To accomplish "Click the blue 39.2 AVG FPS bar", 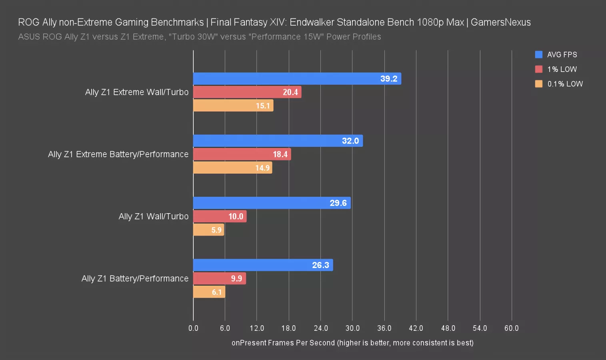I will [297, 79].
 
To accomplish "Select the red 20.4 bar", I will [247, 92].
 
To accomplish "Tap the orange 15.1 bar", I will [233, 106].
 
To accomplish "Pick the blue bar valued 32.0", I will [278, 141].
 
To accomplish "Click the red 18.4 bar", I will [242, 154].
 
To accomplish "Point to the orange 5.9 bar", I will [208, 230].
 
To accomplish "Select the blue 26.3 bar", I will [263, 265].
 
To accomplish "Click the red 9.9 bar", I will [219, 279].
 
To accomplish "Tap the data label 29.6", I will [338, 203].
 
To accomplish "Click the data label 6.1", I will [217, 292].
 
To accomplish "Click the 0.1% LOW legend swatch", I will [539, 84].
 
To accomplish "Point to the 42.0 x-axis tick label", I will [416, 328].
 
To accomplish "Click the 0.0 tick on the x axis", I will [193, 328].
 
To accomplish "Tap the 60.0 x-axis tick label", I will [511, 328].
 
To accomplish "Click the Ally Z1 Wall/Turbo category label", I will [154, 216].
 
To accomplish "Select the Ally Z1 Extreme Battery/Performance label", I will [118, 154].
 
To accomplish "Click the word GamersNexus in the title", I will [500, 22].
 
